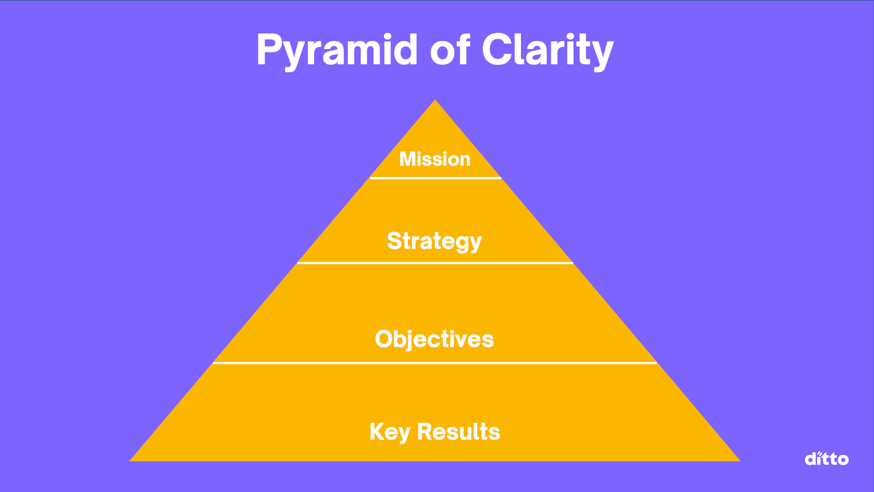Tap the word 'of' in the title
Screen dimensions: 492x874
coord(450,50)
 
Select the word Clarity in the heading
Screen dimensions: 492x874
coord(547,50)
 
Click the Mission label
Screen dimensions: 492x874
coord(435,159)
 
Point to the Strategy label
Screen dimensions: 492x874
coord(434,241)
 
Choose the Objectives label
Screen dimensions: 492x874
coord(434,339)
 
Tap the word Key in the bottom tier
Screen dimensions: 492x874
coord(389,432)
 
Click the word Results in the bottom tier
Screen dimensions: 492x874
coord(458,432)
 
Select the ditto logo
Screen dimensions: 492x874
coord(826,459)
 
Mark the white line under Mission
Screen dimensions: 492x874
coord(435,178)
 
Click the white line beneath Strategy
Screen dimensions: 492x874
coord(435,263)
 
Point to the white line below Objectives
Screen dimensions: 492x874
coord(434,363)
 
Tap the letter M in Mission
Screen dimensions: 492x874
coord(408,159)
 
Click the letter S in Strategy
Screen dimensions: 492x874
coord(394,241)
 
